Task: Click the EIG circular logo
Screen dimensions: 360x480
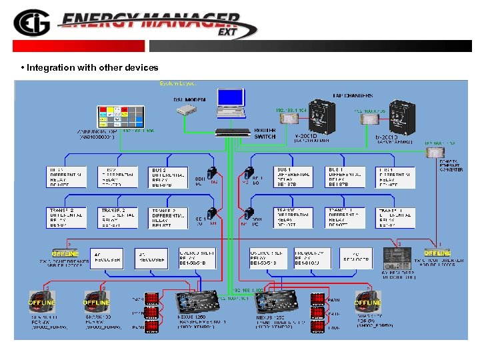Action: [x=30, y=24]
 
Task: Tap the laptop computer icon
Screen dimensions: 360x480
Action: [x=231, y=103]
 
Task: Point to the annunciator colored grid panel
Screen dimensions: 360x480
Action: [x=121, y=116]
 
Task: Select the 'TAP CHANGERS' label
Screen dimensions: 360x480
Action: [x=353, y=95]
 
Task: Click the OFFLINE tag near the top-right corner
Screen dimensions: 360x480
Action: [x=437, y=253]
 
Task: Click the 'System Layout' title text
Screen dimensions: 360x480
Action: [x=177, y=83]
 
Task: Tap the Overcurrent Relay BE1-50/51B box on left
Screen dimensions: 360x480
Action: [x=197, y=257]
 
